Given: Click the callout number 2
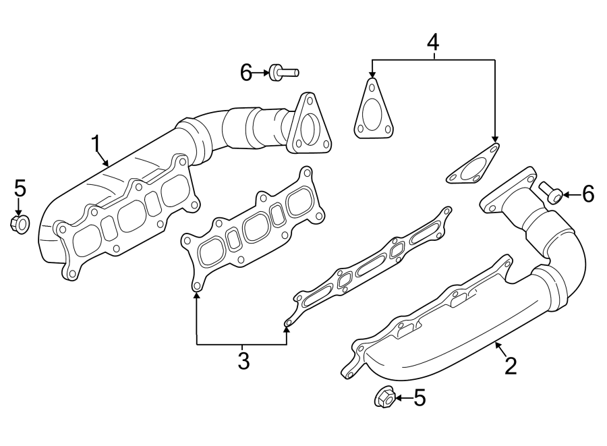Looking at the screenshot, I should (511, 365).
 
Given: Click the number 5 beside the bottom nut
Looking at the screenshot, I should (420, 398).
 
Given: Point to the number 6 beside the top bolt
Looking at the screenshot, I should (246, 72).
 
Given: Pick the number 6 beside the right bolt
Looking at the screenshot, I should (588, 195).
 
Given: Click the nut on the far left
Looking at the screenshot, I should (20, 223).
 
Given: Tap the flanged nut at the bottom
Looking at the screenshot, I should (384, 397).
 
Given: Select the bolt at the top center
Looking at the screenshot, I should (283, 72).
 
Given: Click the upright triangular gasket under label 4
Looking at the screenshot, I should (372, 113).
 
